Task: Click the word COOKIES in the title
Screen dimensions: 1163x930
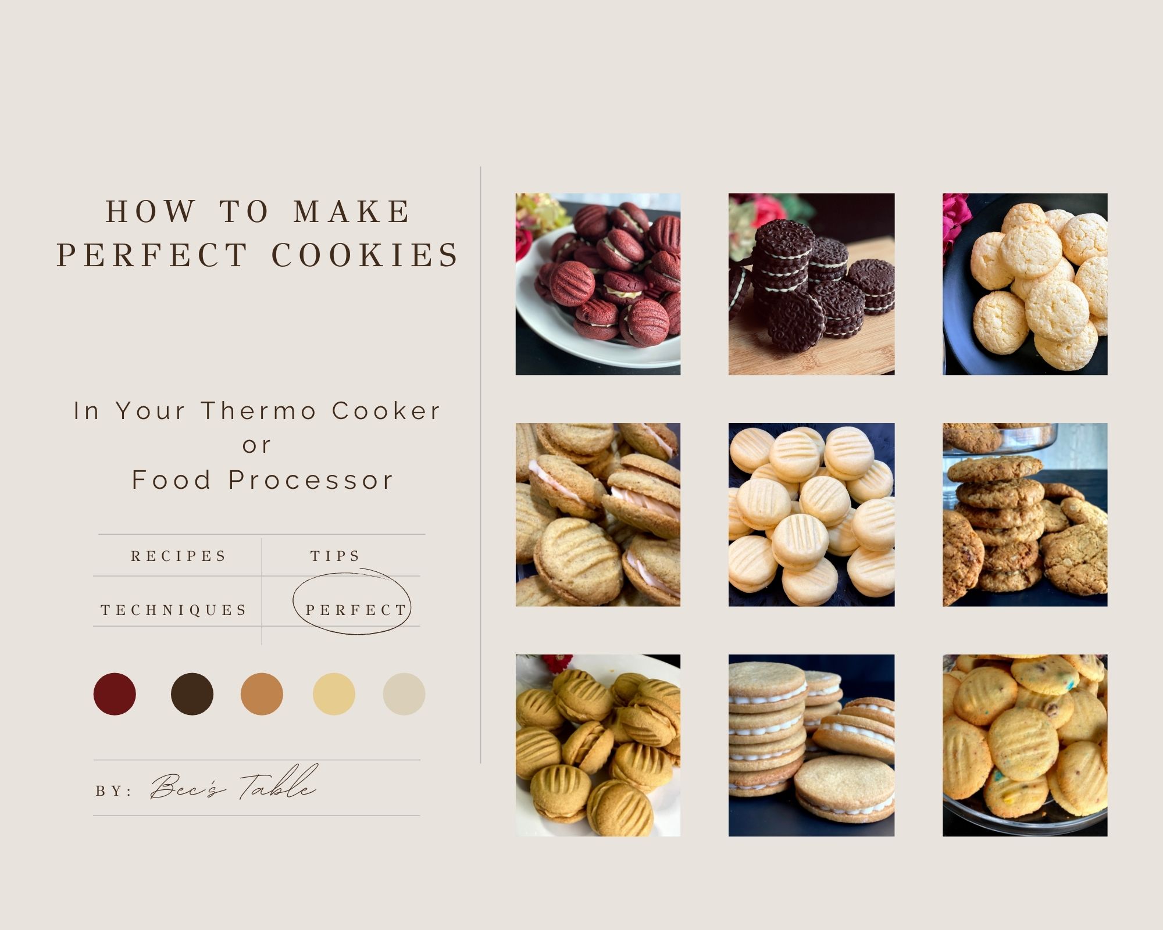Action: [366, 255]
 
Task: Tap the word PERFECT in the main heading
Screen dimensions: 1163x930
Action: [153, 255]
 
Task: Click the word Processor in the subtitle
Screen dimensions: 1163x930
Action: [311, 480]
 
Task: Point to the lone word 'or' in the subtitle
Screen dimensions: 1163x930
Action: [257, 446]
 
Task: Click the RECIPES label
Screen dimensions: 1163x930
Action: [179, 556]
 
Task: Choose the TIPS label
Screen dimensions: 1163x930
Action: [336, 556]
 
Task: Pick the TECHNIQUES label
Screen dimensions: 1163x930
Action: [174, 610]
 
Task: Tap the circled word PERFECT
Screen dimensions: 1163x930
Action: [356, 610]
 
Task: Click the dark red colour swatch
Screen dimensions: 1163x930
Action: [115, 694]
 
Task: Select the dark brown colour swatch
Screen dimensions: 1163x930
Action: [192, 694]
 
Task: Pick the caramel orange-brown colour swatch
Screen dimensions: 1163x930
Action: [262, 694]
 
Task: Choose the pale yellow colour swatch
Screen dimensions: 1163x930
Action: [334, 694]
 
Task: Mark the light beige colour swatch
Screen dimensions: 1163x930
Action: [404, 694]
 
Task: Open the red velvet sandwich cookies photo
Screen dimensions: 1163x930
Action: [598, 284]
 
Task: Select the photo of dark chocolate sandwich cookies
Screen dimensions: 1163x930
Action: [811, 284]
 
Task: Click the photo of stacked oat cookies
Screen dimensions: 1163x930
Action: [1025, 514]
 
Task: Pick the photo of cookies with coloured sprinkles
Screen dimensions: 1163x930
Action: [1025, 745]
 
